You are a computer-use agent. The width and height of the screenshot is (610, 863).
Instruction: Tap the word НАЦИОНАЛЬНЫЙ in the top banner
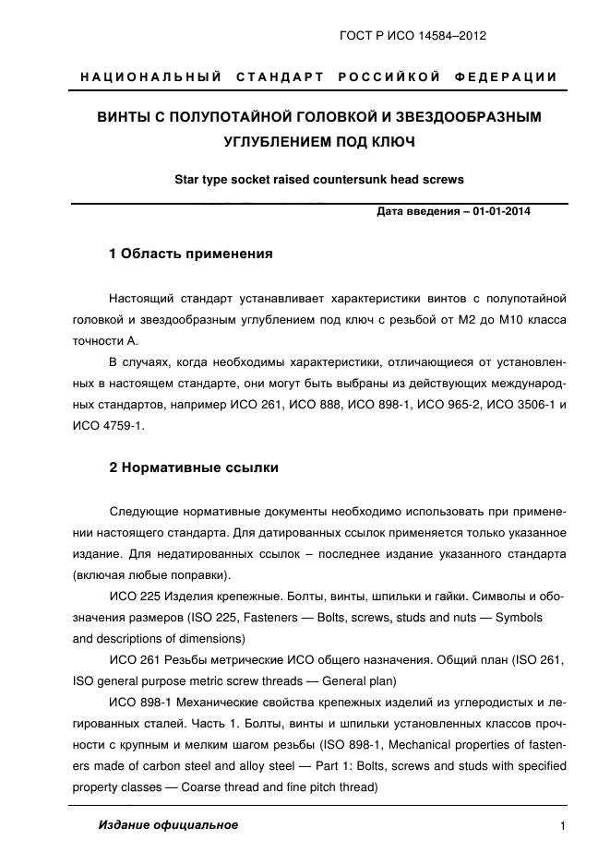click(x=151, y=77)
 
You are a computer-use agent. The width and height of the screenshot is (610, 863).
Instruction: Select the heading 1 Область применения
click(x=191, y=254)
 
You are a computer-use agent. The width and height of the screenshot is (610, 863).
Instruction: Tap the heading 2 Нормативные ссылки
click(x=194, y=467)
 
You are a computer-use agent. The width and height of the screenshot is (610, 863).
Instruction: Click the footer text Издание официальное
click(x=168, y=825)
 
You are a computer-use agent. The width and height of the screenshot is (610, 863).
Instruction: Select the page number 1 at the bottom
click(x=562, y=826)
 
